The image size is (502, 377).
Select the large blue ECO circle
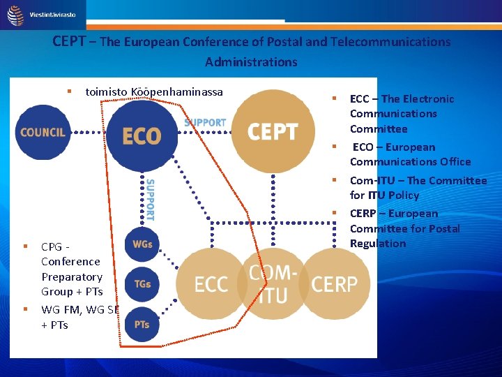point(142,135)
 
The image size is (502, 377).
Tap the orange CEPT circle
point(273,131)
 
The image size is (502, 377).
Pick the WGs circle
point(142,244)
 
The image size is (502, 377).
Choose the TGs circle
point(142,284)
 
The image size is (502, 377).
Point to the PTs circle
point(142,324)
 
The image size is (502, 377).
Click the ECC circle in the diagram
point(211,283)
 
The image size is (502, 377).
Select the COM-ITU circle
point(273,283)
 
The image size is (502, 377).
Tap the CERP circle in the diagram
point(334,283)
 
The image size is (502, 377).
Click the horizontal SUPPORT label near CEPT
point(205,123)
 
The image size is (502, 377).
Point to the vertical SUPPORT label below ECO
point(150,200)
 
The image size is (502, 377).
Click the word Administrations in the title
point(251,62)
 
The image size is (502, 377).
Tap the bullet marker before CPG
point(25,246)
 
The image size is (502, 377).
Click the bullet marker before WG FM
point(25,309)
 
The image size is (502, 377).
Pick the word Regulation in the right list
point(377,244)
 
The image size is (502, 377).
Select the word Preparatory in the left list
point(72,276)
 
